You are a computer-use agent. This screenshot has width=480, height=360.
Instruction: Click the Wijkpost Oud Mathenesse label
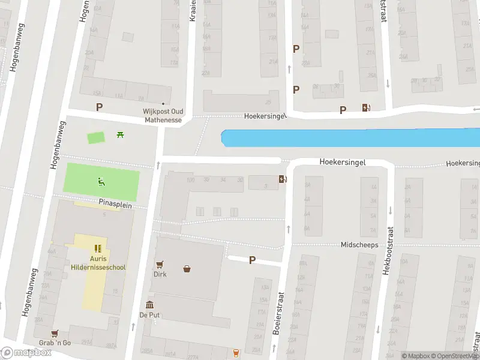coord(162,115)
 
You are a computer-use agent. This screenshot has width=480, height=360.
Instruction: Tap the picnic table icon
coord(121,134)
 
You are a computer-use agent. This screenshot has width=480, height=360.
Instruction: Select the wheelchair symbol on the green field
coord(101,181)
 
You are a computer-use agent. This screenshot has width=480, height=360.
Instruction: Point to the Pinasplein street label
coord(115,205)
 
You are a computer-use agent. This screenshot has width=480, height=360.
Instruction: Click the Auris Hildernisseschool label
coord(98,263)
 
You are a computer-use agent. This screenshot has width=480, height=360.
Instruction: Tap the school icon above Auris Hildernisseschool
coord(98,248)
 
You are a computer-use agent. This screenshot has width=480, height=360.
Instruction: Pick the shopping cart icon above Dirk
coord(160,264)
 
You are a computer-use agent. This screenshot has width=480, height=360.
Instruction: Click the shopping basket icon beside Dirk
coord(188,268)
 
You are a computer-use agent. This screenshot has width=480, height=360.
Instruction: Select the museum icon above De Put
coord(149,305)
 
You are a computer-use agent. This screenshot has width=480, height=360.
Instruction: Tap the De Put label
coord(149,315)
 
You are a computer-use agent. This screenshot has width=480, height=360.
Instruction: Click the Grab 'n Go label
coord(55,343)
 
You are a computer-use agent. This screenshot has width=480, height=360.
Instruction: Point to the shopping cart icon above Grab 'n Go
coord(55,333)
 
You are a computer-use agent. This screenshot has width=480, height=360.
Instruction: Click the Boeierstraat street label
coord(278,313)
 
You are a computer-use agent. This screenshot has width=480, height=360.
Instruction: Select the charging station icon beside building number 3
coord(283,179)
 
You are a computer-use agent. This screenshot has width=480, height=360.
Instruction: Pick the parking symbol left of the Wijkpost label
coord(100,107)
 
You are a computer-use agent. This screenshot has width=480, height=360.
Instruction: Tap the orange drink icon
coord(236,352)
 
